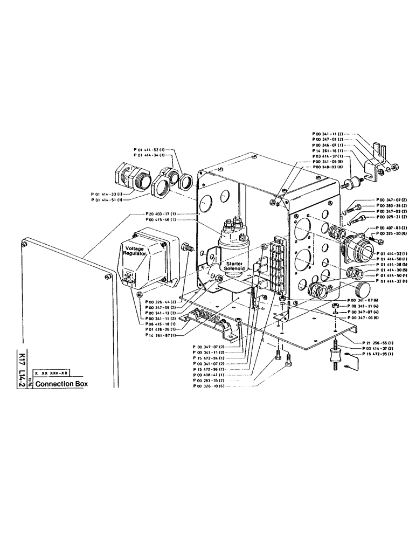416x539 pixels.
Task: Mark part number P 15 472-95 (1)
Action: (376, 355)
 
